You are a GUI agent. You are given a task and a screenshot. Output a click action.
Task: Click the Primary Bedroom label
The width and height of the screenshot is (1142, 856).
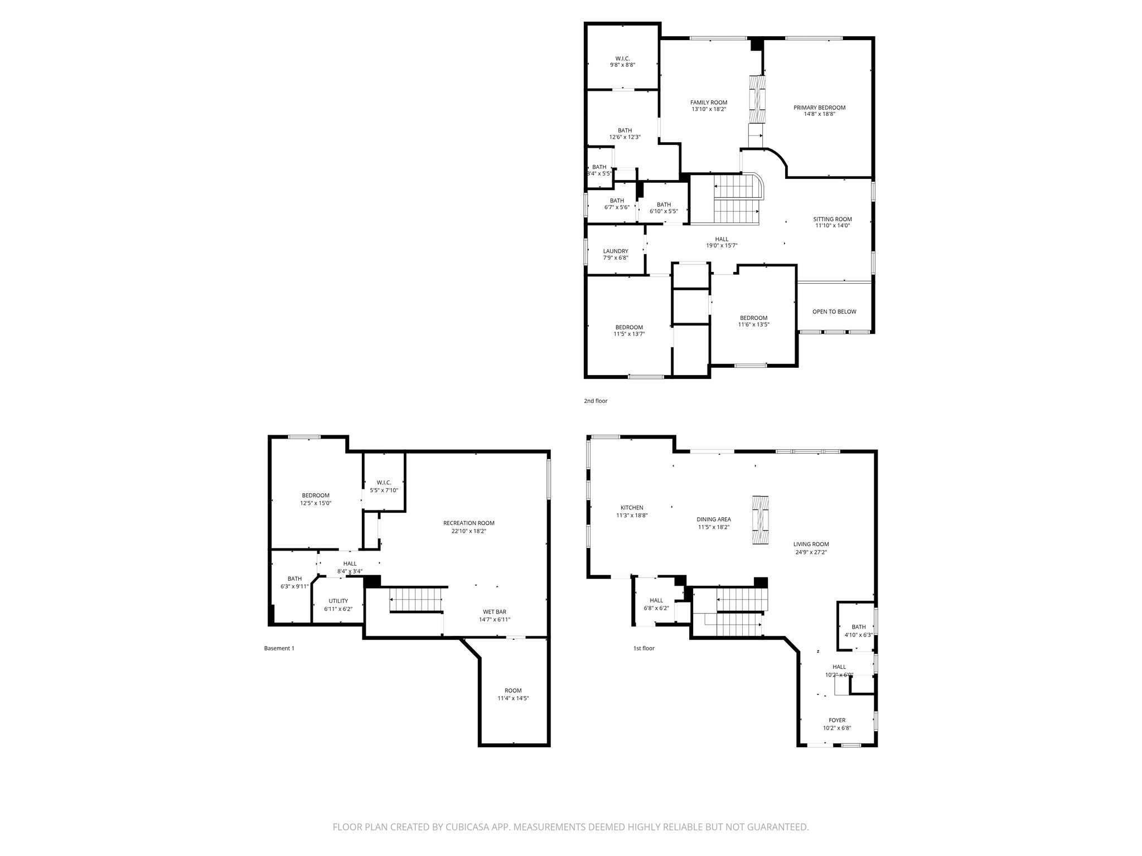tap(819, 108)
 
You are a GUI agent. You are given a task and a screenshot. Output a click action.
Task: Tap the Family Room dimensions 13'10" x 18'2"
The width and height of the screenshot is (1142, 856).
tap(709, 109)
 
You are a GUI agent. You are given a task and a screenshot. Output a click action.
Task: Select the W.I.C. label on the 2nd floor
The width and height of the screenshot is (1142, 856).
tap(622, 58)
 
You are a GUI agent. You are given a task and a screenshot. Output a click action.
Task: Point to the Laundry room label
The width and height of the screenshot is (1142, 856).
tap(615, 251)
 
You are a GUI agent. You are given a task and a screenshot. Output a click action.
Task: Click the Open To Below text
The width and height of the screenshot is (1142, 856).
tap(834, 312)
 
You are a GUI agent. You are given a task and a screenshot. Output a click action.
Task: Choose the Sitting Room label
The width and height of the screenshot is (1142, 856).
tap(832, 219)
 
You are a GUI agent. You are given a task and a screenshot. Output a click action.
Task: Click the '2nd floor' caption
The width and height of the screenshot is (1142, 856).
tap(595, 401)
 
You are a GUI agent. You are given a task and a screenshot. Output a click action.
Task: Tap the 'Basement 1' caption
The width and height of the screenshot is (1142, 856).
tap(279, 648)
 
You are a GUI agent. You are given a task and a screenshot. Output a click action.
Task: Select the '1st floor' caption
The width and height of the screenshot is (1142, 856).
tap(643, 648)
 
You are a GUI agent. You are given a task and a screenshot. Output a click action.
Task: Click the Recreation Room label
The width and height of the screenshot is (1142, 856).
tap(468, 523)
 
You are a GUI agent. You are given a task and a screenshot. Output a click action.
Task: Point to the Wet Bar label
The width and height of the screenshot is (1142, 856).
tap(494, 611)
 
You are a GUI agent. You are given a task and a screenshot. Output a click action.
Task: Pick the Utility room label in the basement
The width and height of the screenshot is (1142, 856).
tap(338, 601)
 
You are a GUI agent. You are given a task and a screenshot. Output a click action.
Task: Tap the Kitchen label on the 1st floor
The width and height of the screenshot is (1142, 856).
tap(631, 508)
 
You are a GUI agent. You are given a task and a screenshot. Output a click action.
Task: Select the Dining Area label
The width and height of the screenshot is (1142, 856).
tap(713, 519)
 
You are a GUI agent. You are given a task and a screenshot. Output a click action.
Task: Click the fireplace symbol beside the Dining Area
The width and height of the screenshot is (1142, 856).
tap(759, 519)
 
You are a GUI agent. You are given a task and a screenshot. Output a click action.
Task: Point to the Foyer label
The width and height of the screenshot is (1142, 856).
tap(836, 720)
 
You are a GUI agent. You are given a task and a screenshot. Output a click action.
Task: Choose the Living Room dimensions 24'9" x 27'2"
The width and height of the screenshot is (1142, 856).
tap(811, 553)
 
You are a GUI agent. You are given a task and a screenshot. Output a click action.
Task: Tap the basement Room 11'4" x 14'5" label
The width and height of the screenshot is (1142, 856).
tap(512, 690)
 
